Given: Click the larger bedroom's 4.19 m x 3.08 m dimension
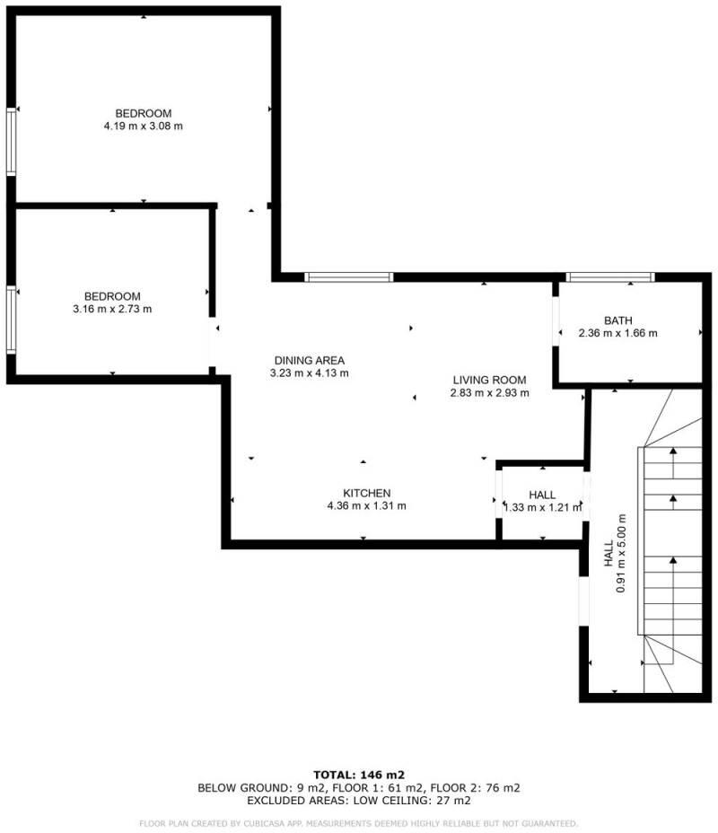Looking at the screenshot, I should pyautogui.click(x=144, y=127).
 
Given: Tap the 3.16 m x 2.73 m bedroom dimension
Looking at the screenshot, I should pyautogui.click(x=112, y=310).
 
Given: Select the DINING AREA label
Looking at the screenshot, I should pyautogui.click(x=310, y=361).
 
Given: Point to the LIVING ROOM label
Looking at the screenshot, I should pyautogui.click(x=489, y=380).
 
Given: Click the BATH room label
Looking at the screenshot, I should pyautogui.click(x=618, y=320).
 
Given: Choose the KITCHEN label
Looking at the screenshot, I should pyautogui.click(x=366, y=493).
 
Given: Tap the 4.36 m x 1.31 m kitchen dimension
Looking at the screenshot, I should pyautogui.click(x=366, y=505).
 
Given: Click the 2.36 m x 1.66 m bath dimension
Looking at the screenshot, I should pyautogui.click(x=618, y=333).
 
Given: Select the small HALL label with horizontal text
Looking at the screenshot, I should pyautogui.click(x=542, y=495).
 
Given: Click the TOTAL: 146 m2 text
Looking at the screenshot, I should pyautogui.click(x=359, y=774).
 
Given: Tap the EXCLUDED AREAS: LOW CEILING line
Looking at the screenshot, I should pyautogui.click(x=359, y=800).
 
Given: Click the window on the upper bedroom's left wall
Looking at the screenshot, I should pyautogui.click(x=11, y=141).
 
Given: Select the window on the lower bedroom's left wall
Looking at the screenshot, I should pyautogui.click(x=11, y=319).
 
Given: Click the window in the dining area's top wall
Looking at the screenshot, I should pyautogui.click(x=348, y=276).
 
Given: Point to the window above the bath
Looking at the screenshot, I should pyautogui.click(x=610, y=276).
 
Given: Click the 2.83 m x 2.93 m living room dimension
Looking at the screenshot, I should pyautogui.click(x=489, y=392).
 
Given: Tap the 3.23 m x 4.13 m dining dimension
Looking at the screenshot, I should pyautogui.click(x=310, y=373).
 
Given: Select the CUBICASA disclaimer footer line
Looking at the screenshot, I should pyautogui.click(x=359, y=823).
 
